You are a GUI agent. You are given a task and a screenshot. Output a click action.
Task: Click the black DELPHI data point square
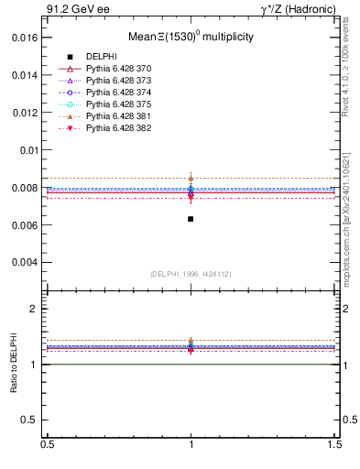pos(191,219)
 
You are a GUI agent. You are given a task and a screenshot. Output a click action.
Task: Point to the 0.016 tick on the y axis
pos(26,38)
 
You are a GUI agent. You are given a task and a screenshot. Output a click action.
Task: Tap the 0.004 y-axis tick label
pos(26,263)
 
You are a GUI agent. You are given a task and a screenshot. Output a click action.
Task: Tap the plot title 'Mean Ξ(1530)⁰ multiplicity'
pos(190,38)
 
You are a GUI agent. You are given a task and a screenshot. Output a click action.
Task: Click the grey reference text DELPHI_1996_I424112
pos(191,273)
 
